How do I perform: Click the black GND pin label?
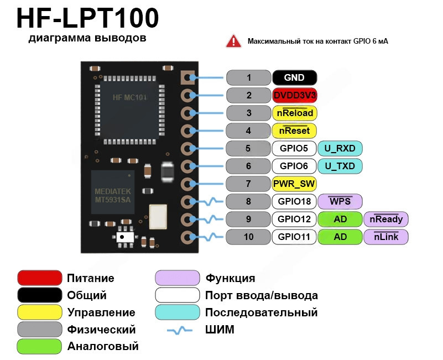pyautogui.click(x=295, y=78)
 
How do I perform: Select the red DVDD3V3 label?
pyautogui.click(x=295, y=95)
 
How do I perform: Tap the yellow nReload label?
pyautogui.click(x=295, y=113)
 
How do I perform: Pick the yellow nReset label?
pyautogui.click(x=295, y=131)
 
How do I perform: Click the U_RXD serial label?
pyautogui.click(x=340, y=148)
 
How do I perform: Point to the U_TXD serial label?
pyautogui.click(x=340, y=166)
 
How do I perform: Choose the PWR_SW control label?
pyautogui.click(x=295, y=184)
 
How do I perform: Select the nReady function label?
pyautogui.click(x=386, y=219)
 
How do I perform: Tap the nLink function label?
pyautogui.click(x=386, y=237)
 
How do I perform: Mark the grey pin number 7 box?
pyautogui.click(x=249, y=184)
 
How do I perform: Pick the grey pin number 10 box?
pyautogui.click(x=249, y=237)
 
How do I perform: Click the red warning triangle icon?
pyautogui.click(x=233, y=41)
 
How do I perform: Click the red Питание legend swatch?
pyautogui.click(x=39, y=278)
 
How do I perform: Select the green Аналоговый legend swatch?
pyautogui.click(x=39, y=347)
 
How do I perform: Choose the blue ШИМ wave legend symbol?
pyautogui.click(x=180, y=330)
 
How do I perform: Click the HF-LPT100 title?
pyautogui.click(x=87, y=18)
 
